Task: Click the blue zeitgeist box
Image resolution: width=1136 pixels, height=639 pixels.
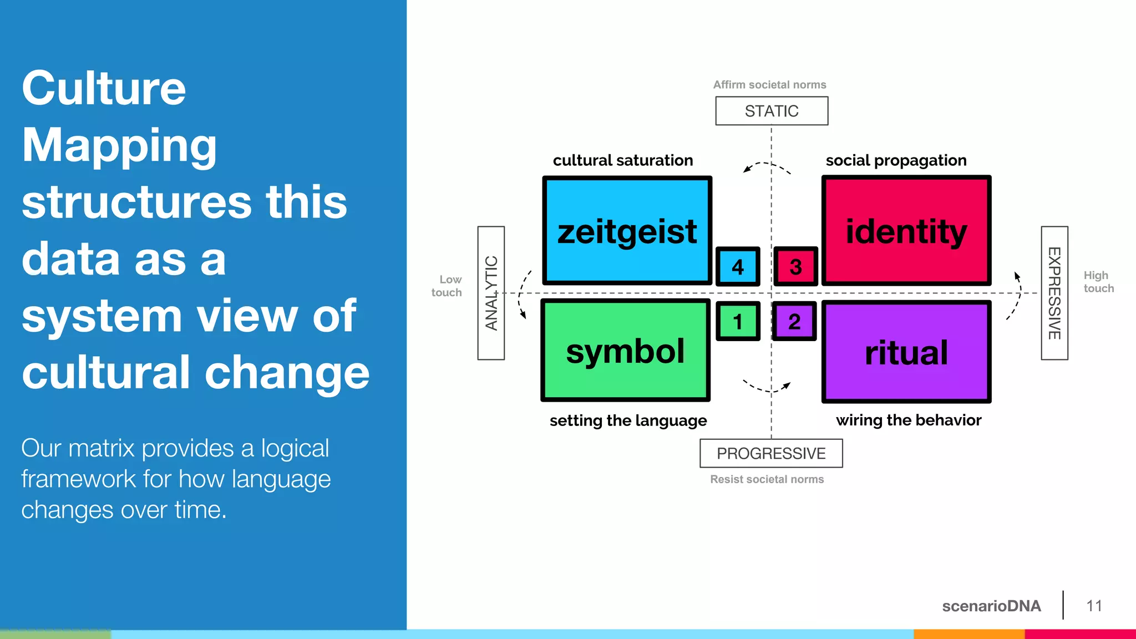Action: pos(627,230)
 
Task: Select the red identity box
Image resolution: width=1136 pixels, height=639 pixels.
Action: pos(906,230)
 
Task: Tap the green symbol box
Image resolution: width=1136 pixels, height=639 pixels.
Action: pos(625,351)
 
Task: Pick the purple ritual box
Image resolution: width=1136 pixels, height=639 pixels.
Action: pos(906,352)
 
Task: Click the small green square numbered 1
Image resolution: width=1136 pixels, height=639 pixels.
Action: pos(738,321)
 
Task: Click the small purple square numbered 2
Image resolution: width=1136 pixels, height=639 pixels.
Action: pos(794,321)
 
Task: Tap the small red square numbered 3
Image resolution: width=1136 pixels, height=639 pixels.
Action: pos(795,267)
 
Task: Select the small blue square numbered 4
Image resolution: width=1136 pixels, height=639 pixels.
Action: pos(738,267)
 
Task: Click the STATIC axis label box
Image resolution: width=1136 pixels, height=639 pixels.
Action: pos(772,111)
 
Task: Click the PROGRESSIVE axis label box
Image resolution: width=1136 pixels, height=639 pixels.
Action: pos(771,453)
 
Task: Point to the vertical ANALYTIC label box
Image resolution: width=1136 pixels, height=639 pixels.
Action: pos(491,293)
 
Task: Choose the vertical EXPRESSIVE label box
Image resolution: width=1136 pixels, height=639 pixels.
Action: pos(1054,293)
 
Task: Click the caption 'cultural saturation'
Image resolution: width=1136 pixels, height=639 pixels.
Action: pos(623,160)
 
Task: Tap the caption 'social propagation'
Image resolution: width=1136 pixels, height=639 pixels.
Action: pos(896,160)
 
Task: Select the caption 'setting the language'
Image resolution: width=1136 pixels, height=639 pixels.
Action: pos(628,420)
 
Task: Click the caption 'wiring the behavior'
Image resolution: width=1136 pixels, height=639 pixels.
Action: pos(909,420)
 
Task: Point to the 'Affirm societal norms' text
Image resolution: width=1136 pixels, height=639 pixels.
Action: pos(769,85)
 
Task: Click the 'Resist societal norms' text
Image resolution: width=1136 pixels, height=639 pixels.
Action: pos(767,479)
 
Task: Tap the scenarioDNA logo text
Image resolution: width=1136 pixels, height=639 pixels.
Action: pos(991,606)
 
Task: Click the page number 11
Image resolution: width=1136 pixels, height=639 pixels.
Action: pos(1094,606)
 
